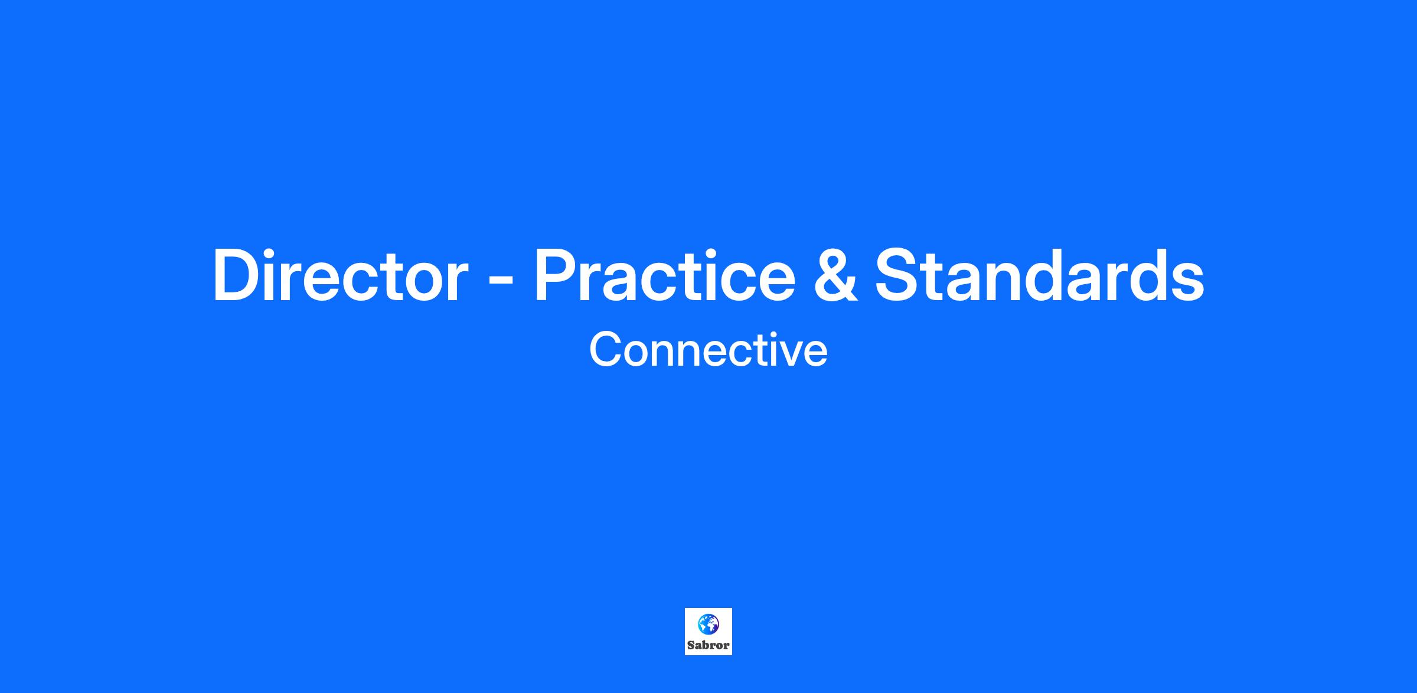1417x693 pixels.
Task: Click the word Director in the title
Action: click(341, 275)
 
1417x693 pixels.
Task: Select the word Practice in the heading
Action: click(665, 275)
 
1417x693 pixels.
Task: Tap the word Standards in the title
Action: click(1039, 275)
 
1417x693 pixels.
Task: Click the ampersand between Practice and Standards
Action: click(835, 275)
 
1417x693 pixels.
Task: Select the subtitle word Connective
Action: click(708, 350)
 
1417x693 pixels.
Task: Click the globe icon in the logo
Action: click(708, 624)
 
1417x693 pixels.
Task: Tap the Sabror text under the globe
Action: click(708, 645)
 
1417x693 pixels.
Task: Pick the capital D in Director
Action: click(237, 275)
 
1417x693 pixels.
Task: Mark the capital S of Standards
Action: click(898, 275)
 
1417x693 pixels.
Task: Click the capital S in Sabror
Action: click(691, 645)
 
